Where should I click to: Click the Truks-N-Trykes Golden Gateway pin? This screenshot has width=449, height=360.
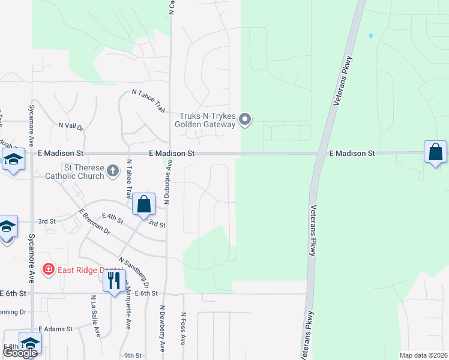[x=244, y=120]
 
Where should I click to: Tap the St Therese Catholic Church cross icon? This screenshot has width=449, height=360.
[x=112, y=172]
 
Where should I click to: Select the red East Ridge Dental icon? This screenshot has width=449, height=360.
[x=48, y=270]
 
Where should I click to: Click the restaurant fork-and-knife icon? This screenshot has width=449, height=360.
[x=113, y=280]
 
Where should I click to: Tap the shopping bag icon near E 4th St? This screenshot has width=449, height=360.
[x=144, y=204]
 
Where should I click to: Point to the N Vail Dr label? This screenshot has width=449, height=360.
[x=70, y=126]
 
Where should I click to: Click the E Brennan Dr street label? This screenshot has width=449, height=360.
[x=95, y=221]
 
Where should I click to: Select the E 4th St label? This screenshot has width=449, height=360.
[x=112, y=218]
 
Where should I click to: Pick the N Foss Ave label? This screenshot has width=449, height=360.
[x=183, y=328]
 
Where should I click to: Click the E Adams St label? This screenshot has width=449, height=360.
[x=55, y=329]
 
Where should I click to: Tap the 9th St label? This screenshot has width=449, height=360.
[x=132, y=355]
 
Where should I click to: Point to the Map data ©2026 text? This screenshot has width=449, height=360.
[x=423, y=355]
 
